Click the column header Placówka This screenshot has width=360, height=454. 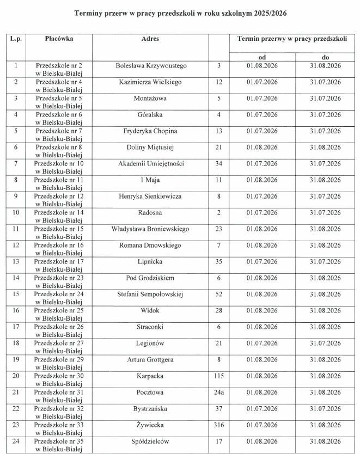[x=59, y=39]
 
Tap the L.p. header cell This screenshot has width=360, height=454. [x=15, y=39]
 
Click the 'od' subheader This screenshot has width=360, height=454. [x=262, y=57]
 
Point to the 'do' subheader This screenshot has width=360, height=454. [x=325, y=57]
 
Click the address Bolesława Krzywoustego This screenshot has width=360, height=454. [x=151, y=66]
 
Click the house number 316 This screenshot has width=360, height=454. [x=219, y=425]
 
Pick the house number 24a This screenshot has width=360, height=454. [x=219, y=392]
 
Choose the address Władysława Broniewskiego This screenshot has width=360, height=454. [x=150, y=229]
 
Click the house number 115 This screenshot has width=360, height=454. [x=219, y=376]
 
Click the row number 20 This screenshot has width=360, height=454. [x=15, y=376]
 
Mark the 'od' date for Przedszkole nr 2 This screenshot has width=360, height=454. [x=262, y=66]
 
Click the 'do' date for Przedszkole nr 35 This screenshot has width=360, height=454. [x=325, y=441]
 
